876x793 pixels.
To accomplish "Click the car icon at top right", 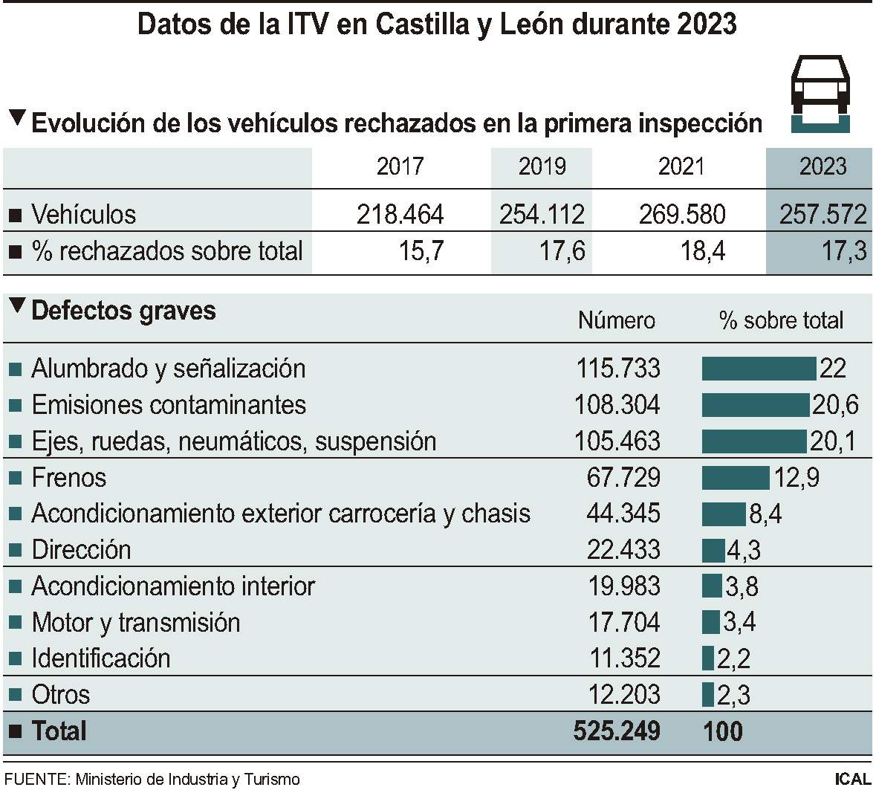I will [x=820, y=93].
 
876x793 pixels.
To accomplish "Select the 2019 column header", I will [x=542, y=166].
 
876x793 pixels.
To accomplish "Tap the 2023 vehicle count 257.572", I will [x=823, y=215].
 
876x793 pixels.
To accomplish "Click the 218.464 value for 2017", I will [x=400, y=215].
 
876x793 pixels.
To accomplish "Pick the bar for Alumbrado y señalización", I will [x=759, y=369].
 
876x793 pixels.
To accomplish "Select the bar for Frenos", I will [x=736, y=477].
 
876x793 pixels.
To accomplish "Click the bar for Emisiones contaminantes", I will [x=755, y=405].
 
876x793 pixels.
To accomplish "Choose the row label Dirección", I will [x=81, y=550].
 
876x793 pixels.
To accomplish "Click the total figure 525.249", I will [x=617, y=731].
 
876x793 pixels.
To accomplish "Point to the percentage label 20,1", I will [x=833, y=441].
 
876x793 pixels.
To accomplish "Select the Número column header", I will [x=617, y=320].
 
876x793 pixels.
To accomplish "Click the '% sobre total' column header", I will [x=781, y=320].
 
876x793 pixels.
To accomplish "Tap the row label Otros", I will [x=60, y=695].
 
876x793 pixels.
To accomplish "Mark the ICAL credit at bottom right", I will [x=851, y=780].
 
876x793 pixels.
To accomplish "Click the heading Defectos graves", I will [x=123, y=311].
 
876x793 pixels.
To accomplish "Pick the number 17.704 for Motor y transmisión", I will [x=624, y=623].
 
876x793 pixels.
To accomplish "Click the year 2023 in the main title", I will [x=707, y=25].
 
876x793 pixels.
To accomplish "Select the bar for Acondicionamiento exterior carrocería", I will [x=724, y=514].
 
